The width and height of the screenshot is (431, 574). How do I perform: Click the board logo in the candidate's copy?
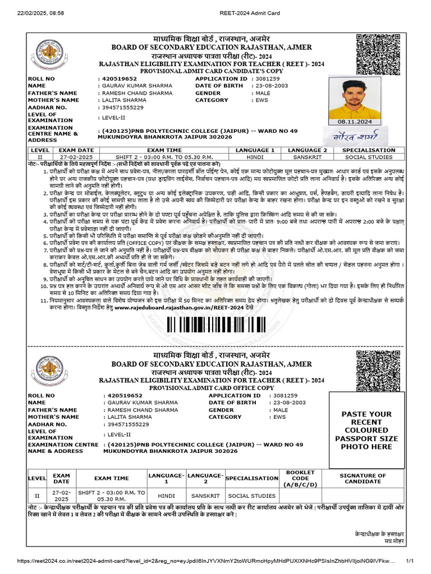[54, 55]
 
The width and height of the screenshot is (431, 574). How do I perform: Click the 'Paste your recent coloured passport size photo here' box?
[363, 430]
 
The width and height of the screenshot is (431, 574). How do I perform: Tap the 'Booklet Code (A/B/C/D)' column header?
[300, 478]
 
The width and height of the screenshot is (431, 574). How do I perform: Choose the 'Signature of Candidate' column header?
[363, 478]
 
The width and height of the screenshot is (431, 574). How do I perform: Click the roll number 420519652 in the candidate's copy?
[117, 79]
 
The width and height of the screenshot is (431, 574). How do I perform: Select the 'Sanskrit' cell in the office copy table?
[205, 496]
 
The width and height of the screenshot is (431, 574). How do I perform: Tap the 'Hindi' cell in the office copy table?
[166, 496]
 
